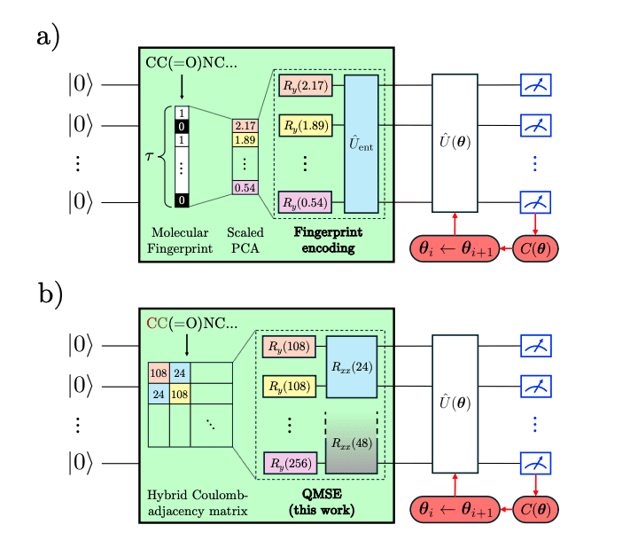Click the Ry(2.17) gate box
[x=303, y=87]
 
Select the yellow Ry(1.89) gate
[x=303, y=126]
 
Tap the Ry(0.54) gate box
[x=303, y=202]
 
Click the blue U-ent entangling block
[x=362, y=144]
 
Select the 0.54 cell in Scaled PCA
[x=245, y=187]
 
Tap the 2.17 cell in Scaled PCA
[x=245, y=127]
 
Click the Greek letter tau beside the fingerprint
[x=148, y=158]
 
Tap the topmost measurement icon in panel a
[x=535, y=86]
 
